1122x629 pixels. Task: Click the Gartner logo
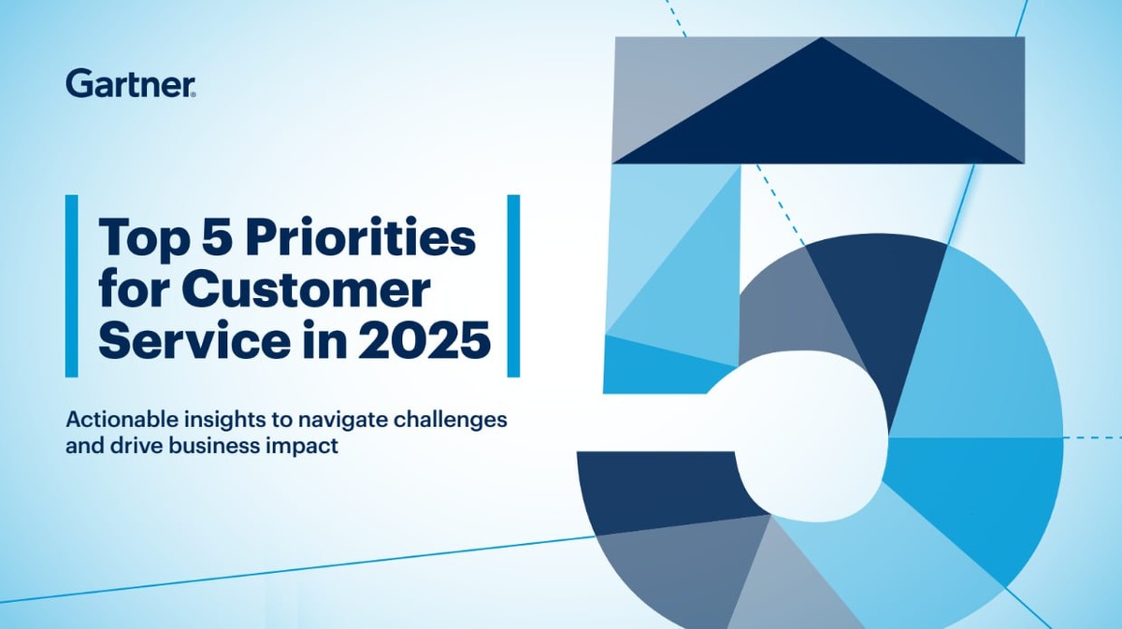click(130, 83)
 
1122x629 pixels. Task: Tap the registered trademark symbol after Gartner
click(194, 93)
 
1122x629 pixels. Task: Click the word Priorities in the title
click(361, 236)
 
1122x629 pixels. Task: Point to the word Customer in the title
click(306, 290)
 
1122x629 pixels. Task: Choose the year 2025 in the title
click(424, 340)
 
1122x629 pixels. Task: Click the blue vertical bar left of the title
click(72, 285)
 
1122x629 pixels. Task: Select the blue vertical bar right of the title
click(513, 285)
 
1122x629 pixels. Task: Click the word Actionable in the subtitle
click(122, 420)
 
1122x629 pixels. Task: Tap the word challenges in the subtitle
click(451, 422)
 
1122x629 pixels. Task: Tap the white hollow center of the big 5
click(801, 436)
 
